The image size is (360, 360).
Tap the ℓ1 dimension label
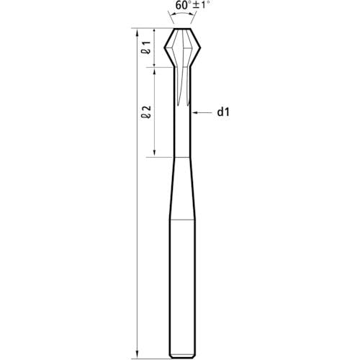tap(146, 48)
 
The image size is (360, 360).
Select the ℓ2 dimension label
tap(146, 112)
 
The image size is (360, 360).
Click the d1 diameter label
tap(223, 112)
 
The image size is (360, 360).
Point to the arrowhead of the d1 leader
tap(194, 112)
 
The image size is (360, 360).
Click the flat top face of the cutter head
tap(182, 29)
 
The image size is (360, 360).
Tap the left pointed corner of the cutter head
tap(165, 48)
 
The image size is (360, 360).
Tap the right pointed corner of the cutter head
tap(200, 48)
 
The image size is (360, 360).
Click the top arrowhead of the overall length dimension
tap(138, 32)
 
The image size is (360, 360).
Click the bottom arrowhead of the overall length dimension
tap(138, 356)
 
